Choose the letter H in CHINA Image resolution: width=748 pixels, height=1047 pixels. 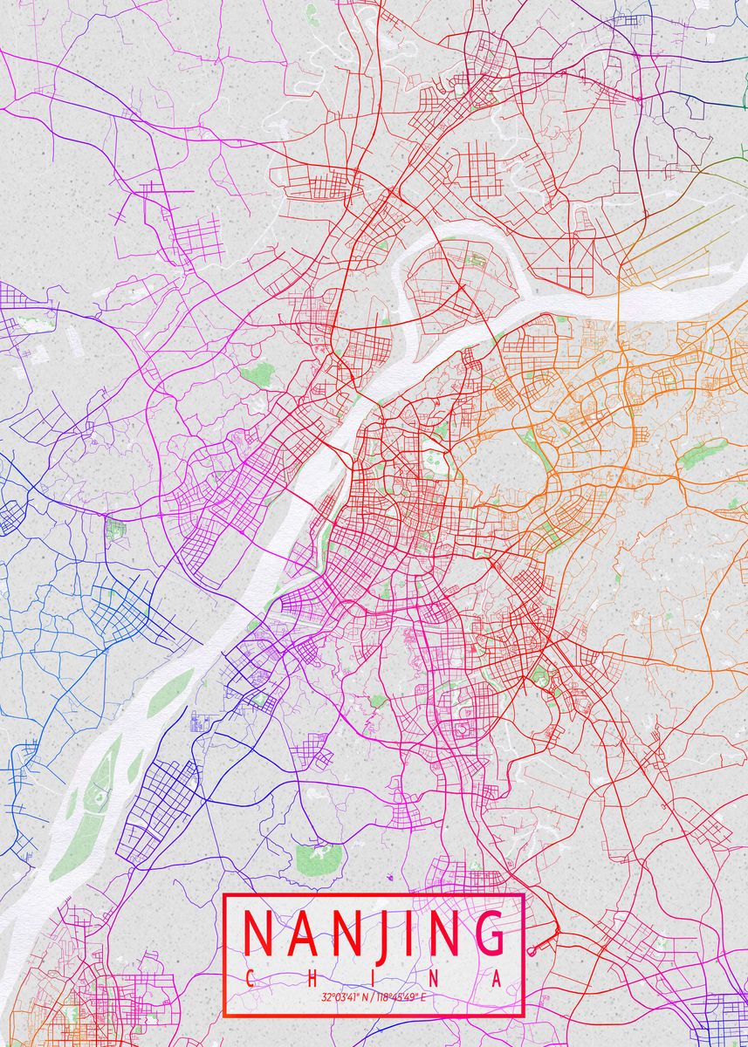click(312, 980)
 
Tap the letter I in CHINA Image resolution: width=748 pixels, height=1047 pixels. click(374, 980)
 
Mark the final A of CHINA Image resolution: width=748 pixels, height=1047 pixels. click(497, 980)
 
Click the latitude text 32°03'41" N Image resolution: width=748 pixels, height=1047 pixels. click(344, 996)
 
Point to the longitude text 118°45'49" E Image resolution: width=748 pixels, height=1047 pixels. click(398, 996)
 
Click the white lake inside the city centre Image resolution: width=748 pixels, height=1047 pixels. click(433, 465)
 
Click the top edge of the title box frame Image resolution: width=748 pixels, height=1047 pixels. click(374, 894)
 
